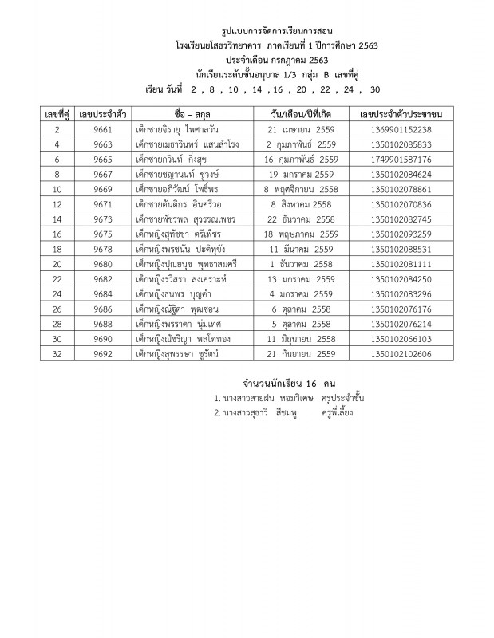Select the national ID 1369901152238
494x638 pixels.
tap(402, 130)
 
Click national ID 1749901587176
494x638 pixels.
tap(402, 159)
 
